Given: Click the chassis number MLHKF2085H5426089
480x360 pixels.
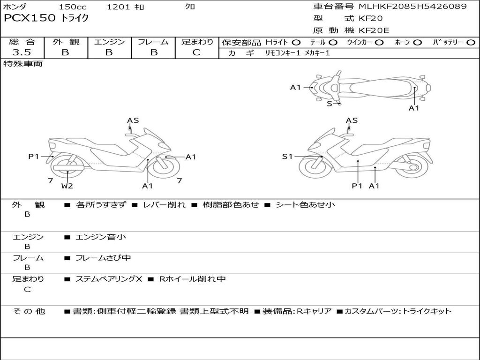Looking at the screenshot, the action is pos(412,7).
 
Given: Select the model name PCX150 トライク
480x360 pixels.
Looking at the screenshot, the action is pos(46,19).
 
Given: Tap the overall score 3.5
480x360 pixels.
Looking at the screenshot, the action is pos(22,52).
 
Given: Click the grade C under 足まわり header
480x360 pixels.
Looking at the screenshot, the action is pos(196,52).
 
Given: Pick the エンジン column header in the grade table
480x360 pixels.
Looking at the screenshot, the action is pos(109,42).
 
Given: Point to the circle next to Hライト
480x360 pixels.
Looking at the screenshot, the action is pos(296,43).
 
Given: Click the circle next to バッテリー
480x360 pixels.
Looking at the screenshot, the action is pos(471,43).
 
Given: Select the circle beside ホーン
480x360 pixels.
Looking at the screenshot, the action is pos(418,43).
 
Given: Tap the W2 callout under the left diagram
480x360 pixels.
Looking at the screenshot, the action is pos(67,186).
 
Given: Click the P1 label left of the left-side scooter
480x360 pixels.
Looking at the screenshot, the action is pos(34,157).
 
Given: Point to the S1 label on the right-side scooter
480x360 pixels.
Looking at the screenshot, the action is pos(287,157).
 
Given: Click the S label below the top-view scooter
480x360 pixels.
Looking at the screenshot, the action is pos(330,104).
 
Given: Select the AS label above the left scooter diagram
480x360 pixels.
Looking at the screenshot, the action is pos(133,120).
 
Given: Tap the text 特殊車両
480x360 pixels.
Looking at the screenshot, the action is pos(23,64).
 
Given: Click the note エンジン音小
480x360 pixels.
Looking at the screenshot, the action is pos(101,237).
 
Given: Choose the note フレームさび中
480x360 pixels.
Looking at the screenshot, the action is pos(103,258).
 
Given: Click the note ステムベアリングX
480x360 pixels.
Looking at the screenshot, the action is pos(109,279).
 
